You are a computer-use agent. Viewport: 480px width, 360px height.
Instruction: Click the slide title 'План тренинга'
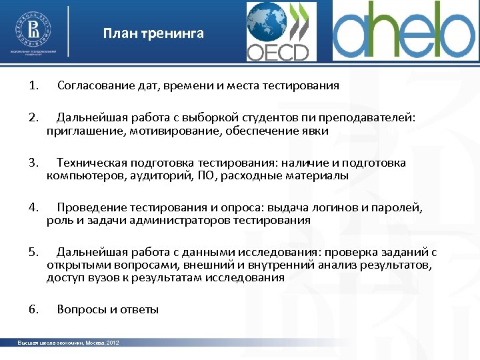[x=153, y=33]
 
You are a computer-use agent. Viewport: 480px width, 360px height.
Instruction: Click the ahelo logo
[x=403, y=31]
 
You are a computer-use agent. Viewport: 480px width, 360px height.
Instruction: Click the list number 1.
[x=33, y=86]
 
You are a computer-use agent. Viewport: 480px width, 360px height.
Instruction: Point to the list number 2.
[x=33, y=119]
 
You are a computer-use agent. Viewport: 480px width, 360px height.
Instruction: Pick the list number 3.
[x=33, y=163]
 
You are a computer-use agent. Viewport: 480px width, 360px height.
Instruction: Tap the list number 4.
[x=33, y=208]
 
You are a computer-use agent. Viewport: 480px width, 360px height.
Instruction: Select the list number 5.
[x=33, y=253]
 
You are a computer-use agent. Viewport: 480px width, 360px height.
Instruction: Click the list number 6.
[x=33, y=310]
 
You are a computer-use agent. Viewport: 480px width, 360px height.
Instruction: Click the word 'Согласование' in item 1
[x=91, y=86]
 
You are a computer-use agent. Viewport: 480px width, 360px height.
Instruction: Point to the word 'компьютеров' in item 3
[x=79, y=176]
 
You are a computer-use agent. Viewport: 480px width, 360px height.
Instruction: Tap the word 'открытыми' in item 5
[x=73, y=265]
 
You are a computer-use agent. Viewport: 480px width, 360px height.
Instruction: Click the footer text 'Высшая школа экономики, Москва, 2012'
[x=69, y=343]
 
